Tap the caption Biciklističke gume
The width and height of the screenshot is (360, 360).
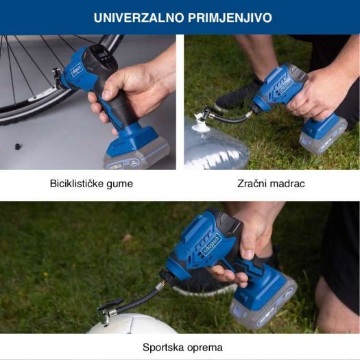click(91, 184)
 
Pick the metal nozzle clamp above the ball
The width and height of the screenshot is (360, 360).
click(108, 312)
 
